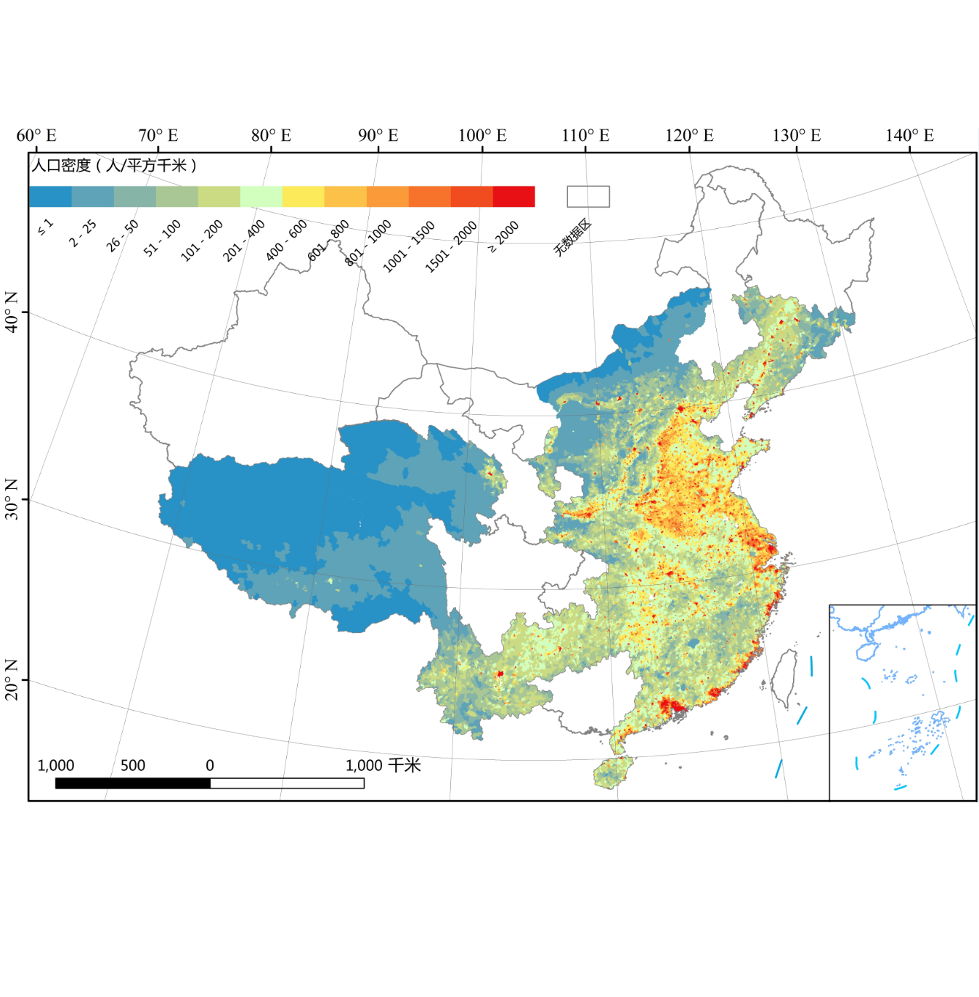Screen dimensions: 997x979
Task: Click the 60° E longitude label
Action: (36, 136)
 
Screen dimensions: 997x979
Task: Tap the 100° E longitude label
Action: (482, 136)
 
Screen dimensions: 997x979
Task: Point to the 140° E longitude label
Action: (909, 136)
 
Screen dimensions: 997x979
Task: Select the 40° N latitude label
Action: (12, 312)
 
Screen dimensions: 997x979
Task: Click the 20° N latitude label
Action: (12, 679)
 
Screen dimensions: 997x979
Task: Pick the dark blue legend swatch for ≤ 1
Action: (50, 197)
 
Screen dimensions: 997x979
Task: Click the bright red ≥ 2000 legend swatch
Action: (513, 197)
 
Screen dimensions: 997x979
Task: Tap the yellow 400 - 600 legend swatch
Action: (303, 197)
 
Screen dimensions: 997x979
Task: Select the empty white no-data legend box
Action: (588, 197)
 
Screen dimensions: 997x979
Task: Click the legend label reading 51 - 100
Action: (162, 238)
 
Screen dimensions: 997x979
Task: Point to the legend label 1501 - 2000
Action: (450, 247)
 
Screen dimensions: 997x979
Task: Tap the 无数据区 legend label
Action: (572, 237)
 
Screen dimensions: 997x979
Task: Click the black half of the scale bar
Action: (133, 783)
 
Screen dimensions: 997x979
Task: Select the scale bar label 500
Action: (133, 765)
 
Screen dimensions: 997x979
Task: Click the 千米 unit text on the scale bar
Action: (404, 765)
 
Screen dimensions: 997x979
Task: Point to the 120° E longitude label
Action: (689, 136)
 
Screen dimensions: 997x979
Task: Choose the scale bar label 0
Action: (210, 765)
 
